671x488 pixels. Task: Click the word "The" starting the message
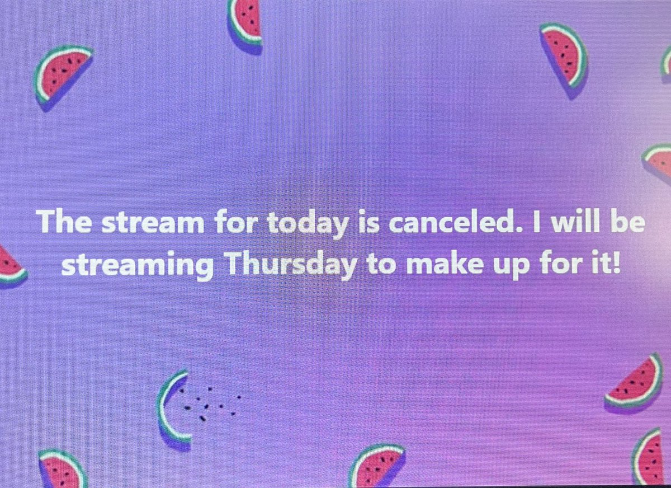pyautogui.click(x=61, y=223)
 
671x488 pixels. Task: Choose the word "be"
pyautogui.click(x=627, y=222)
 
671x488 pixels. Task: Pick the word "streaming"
pyautogui.click(x=136, y=265)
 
